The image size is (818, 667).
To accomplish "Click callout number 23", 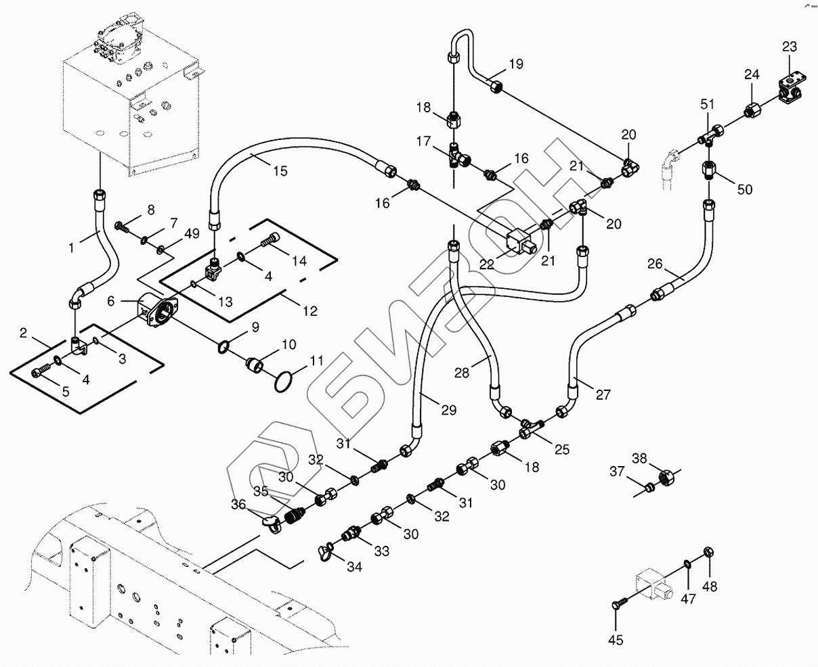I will click(789, 47).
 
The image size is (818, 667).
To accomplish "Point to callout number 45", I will click(616, 640).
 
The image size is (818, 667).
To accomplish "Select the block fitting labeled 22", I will click(520, 241).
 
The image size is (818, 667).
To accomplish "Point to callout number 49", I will click(192, 233).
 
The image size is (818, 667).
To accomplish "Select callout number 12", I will click(309, 311).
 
